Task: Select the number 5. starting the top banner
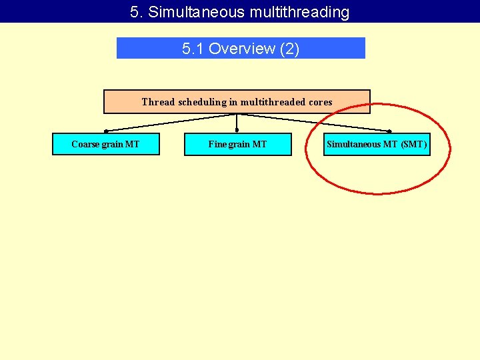click(137, 11)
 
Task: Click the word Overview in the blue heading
click(242, 48)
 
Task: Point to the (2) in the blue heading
click(289, 48)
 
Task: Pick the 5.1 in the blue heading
click(193, 48)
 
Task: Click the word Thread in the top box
click(158, 102)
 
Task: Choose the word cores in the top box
click(319, 102)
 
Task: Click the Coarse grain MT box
click(106, 144)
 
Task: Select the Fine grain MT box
click(237, 144)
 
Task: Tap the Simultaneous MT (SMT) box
click(377, 144)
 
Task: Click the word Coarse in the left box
click(85, 144)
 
